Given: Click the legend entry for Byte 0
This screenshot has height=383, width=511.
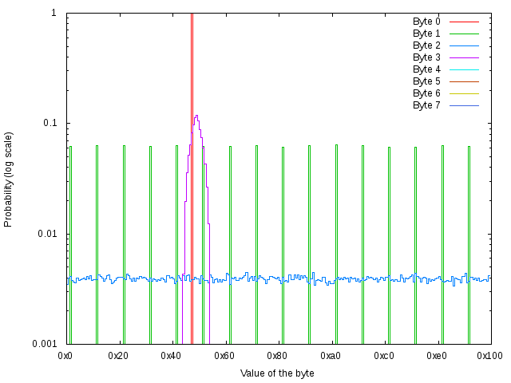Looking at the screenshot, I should pyautogui.click(x=426, y=22).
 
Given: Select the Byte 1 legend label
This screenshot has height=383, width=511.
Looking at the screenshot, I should pyautogui.click(x=426, y=34).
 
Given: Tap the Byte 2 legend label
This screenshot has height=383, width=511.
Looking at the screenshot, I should pyautogui.click(x=426, y=45).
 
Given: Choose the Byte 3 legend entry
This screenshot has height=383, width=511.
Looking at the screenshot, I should pyautogui.click(x=426, y=57).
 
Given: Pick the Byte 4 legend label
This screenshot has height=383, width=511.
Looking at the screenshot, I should pyautogui.click(x=426, y=69).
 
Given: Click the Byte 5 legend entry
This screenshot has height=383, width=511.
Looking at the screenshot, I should pyautogui.click(x=426, y=81).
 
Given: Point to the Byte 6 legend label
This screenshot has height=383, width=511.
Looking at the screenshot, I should pyautogui.click(x=426, y=93).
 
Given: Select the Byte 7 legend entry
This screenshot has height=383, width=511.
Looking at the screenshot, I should pyautogui.click(x=426, y=105).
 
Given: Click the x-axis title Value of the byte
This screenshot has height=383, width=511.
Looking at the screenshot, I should pyautogui.click(x=277, y=373).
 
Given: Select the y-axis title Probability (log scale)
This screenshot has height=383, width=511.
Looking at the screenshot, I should pyautogui.click(x=9, y=179).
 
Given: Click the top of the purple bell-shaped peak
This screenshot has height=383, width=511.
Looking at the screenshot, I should pyautogui.click(x=196, y=116).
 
